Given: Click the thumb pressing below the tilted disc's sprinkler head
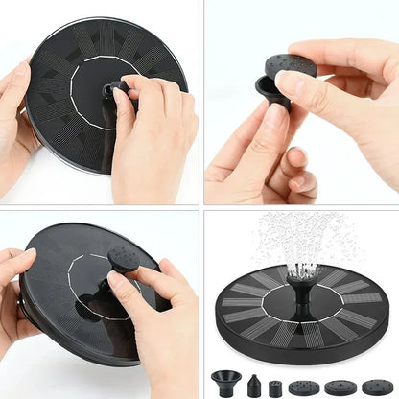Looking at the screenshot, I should point(121,284).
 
